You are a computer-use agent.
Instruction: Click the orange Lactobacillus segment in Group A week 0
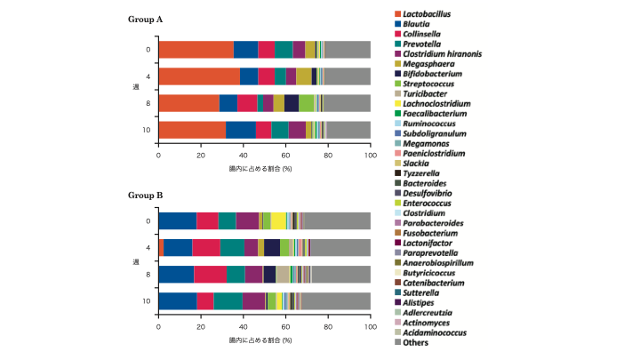click(196, 50)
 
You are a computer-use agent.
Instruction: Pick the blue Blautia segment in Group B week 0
click(178, 221)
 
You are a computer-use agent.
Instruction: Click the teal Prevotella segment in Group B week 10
click(228, 300)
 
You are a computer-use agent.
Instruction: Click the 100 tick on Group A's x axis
click(370, 156)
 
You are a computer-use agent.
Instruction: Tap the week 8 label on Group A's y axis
click(148, 103)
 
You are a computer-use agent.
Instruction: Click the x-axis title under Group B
click(264, 340)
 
